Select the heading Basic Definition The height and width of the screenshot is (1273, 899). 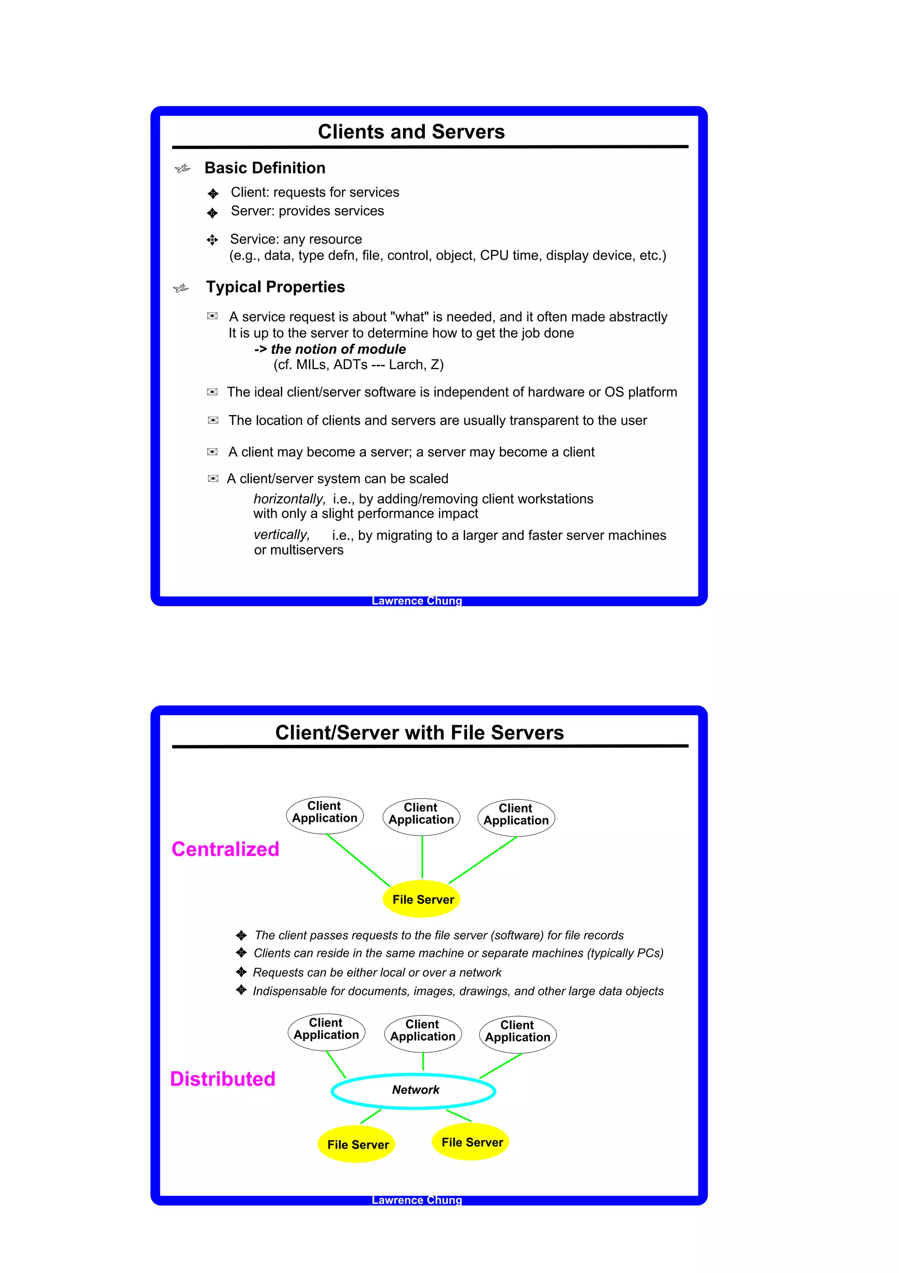[265, 168]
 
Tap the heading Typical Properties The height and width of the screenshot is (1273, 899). [275, 287]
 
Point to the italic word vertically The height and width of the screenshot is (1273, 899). [281, 535]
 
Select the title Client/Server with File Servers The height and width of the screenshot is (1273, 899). [419, 733]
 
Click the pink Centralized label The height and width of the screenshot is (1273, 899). [225, 849]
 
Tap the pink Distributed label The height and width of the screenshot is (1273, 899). [223, 1079]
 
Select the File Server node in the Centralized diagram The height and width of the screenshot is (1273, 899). [423, 899]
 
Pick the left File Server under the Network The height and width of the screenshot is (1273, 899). [357, 1144]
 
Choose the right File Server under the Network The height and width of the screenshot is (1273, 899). [471, 1142]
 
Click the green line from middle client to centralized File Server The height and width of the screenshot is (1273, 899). [422, 856]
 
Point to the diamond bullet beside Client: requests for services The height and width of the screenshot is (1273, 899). [213, 194]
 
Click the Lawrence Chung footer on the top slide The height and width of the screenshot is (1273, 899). [417, 601]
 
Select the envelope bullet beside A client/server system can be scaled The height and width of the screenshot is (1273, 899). [212, 478]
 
